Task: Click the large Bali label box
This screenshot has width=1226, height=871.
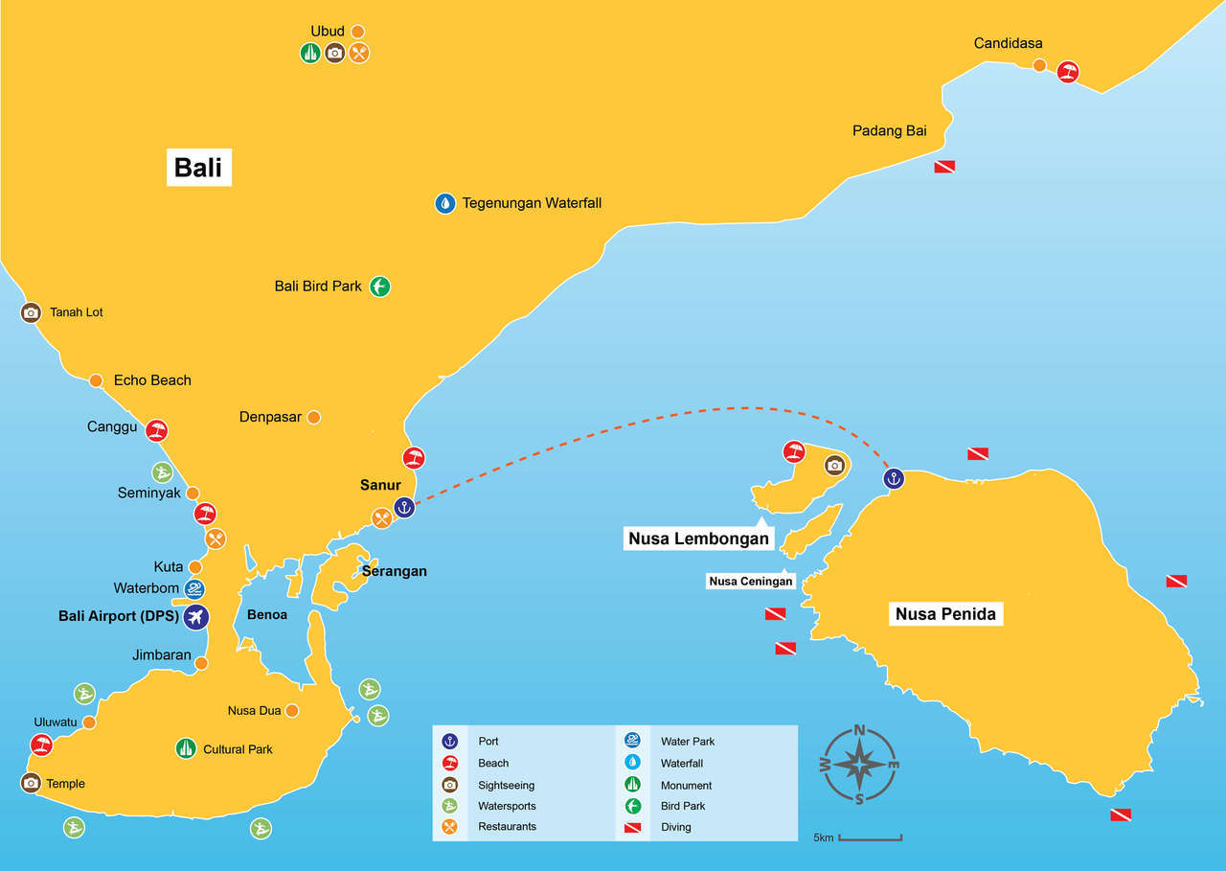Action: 198,167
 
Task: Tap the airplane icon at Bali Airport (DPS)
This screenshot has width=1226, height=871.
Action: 196,616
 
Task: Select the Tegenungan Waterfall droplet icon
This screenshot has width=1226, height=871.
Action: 445,203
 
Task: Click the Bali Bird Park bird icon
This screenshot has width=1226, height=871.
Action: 380,286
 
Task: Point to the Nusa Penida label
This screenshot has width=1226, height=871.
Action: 945,613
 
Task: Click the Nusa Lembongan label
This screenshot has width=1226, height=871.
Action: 697,539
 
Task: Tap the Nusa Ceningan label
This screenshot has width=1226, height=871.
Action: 751,581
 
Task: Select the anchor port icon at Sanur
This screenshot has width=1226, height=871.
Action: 404,507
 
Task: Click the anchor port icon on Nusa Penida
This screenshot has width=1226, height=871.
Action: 894,478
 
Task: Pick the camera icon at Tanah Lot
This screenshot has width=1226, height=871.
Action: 31,312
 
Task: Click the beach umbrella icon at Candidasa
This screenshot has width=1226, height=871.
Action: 1068,72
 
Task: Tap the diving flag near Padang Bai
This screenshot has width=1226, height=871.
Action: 944,167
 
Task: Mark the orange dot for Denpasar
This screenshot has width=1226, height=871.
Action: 313,418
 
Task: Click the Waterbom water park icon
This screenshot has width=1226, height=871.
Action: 195,588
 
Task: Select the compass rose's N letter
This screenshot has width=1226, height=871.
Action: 860,730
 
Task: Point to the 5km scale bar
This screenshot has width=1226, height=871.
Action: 870,838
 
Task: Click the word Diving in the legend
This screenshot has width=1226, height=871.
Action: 675,827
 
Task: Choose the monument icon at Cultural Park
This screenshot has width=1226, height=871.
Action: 187,748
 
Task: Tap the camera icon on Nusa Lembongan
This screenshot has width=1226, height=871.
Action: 834,466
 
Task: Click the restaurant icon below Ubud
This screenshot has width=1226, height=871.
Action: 359,53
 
